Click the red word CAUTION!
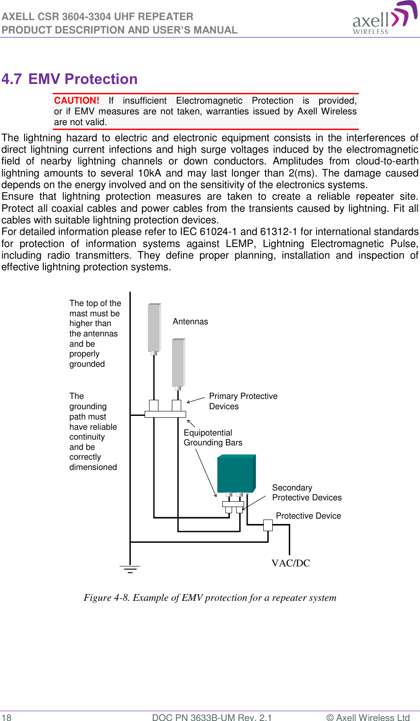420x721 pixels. click(76, 101)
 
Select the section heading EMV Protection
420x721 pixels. click(83, 79)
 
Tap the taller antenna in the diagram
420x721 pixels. click(154, 327)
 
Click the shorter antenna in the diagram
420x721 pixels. click(178, 362)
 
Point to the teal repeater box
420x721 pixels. click(236, 474)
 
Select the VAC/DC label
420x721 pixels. click(291, 563)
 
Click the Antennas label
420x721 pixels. click(190, 322)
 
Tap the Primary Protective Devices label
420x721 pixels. click(243, 401)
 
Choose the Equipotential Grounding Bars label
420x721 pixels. click(213, 438)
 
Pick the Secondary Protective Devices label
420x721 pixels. click(307, 493)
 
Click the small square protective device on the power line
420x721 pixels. click(268, 525)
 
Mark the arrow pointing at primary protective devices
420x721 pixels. click(195, 400)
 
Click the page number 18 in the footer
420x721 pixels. click(7, 717)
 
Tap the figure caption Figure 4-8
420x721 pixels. click(210, 598)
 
